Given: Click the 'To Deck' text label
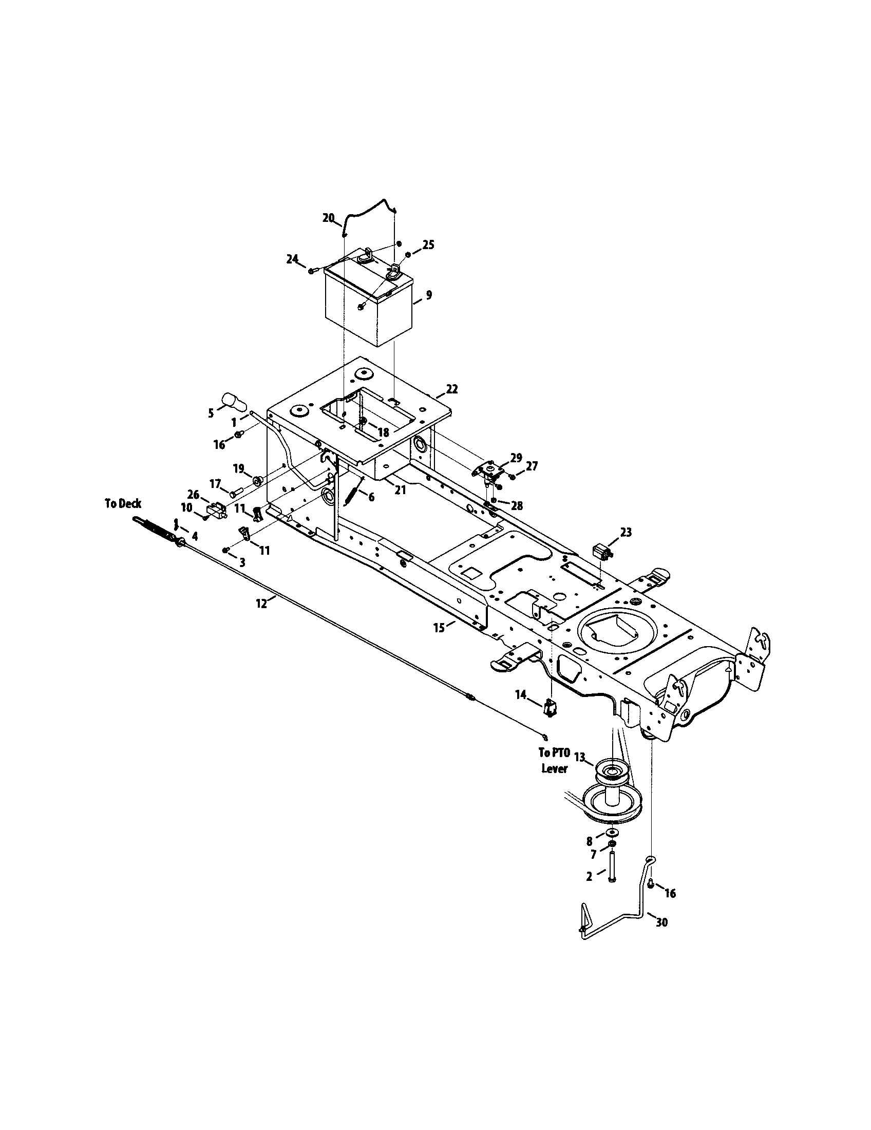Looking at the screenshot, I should click(123, 504).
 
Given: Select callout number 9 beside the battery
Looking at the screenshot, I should click(428, 295).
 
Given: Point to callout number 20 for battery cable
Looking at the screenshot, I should click(329, 218).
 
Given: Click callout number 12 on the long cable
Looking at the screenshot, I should click(262, 602).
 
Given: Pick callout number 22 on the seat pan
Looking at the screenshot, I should click(451, 389).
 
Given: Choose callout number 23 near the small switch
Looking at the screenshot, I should click(626, 532).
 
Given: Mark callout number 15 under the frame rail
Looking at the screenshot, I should click(439, 628).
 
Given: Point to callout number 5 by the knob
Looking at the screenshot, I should click(211, 413).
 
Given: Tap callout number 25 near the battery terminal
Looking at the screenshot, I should click(428, 244).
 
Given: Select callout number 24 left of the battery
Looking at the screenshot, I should click(293, 258).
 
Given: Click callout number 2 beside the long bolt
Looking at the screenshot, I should click(589, 876).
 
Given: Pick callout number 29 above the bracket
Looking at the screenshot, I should click(516, 457).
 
